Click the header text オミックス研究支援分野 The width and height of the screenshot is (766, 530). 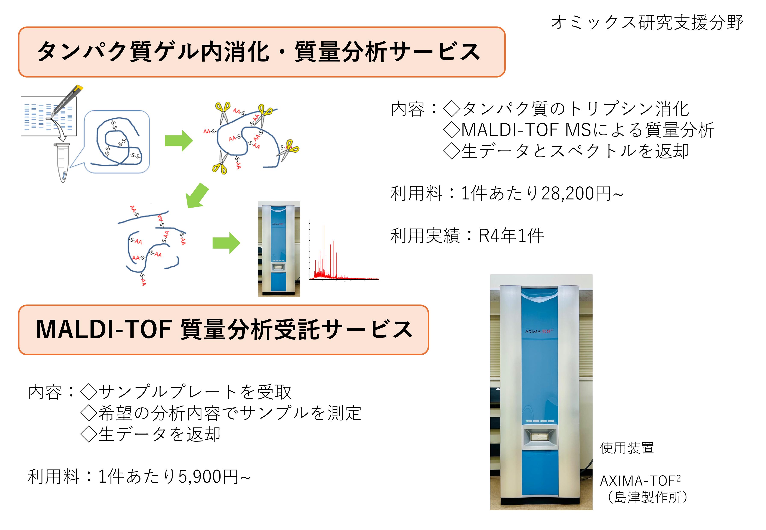[x=647, y=23]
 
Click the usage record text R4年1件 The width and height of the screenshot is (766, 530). [x=511, y=236]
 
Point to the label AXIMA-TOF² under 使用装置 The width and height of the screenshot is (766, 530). [x=640, y=480]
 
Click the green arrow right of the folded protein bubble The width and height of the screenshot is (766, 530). [x=179, y=141]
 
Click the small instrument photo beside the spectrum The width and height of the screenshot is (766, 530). [x=279, y=249]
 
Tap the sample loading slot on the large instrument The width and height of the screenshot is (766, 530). [x=540, y=437]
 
